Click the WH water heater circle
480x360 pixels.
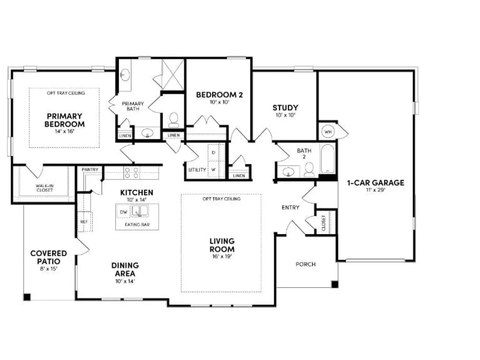click(x=328, y=132)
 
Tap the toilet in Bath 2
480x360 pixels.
click(x=309, y=170)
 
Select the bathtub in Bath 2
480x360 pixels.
click(x=327, y=159)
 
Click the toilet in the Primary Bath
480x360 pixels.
click(x=174, y=120)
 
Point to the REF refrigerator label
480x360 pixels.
click(x=84, y=222)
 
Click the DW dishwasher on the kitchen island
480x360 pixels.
click(x=123, y=212)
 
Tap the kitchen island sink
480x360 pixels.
click(x=140, y=211)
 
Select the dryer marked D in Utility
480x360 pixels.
click(x=214, y=153)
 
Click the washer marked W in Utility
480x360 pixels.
click(x=214, y=169)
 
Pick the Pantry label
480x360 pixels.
click(x=90, y=169)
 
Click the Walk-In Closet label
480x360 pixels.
click(x=45, y=188)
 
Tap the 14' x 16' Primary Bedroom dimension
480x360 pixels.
click(x=65, y=132)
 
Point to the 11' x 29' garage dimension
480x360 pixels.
click(x=375, y=190)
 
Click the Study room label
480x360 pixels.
click(x=285, y=108)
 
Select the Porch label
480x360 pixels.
click(x=305, y=264)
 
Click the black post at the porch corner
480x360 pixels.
click(x=335, y=284)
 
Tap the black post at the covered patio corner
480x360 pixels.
click(x=27, y=297)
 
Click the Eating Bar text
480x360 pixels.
click(x=137, y=224)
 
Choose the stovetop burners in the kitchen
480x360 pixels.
click(x=132, y=173)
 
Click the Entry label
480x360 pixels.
click(x=290, y=207)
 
